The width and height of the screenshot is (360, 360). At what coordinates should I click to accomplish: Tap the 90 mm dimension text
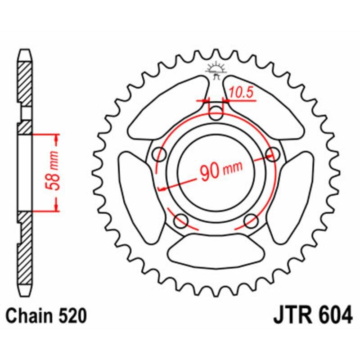point(220,171)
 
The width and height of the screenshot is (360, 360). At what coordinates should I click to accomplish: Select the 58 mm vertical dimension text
point(54,172)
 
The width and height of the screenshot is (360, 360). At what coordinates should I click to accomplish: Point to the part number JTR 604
point(312,315)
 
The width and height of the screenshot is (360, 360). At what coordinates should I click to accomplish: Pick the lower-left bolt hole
point(181,220)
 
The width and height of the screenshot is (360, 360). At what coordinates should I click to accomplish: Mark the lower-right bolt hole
point(251,220)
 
